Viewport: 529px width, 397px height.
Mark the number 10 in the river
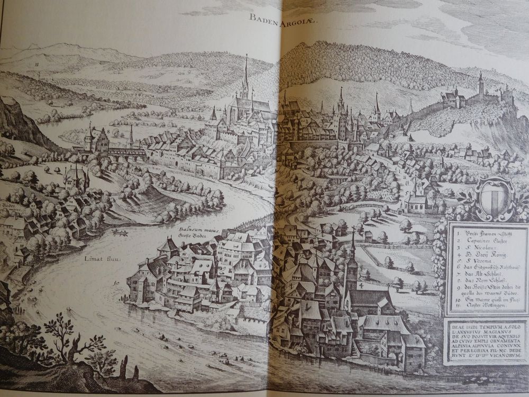pos(115,284)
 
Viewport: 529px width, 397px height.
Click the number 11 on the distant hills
pos(38,64)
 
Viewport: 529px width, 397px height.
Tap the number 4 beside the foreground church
pos(360,286)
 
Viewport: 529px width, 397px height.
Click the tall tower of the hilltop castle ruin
pos(480,85)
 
